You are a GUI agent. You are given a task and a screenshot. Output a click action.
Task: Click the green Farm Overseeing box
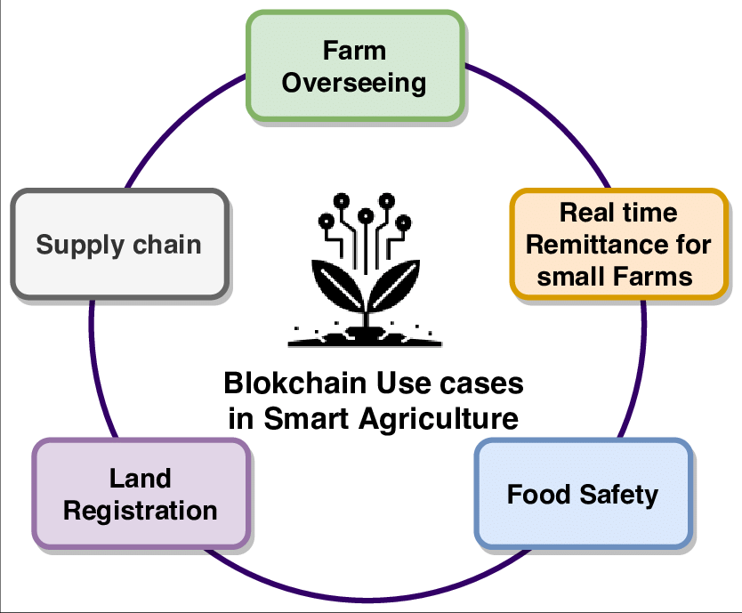click(x=355, y=66)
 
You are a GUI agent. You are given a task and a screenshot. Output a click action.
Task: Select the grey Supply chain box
click(x=120, y=245)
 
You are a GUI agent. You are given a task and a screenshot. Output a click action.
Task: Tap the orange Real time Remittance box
click(x=619, y=245)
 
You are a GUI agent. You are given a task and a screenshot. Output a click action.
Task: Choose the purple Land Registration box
click(x=141, y=494)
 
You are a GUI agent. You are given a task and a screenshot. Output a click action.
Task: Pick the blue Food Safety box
click(x=584, y=494)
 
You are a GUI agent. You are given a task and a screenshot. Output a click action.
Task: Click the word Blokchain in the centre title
click(x=294, y=383)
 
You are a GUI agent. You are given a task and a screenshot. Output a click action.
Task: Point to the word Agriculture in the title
click(x=439, y=419)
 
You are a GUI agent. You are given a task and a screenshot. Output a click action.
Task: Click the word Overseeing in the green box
click(x=354, y=84)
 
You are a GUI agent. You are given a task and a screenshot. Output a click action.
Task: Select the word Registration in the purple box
click(x=141, y=512)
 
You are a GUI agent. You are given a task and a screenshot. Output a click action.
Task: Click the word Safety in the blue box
click(x=619, y=496)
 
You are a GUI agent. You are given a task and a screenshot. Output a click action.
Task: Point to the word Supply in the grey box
click(x=80, y=246)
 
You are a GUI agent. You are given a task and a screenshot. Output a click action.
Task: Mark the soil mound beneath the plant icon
click(x=365, y=336)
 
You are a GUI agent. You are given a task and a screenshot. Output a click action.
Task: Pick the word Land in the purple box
click(x=141, y=478)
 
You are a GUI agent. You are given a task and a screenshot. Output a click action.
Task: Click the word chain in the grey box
click(x=167, y=245)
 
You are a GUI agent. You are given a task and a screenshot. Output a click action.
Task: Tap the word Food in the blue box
click(x=539, y=495)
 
